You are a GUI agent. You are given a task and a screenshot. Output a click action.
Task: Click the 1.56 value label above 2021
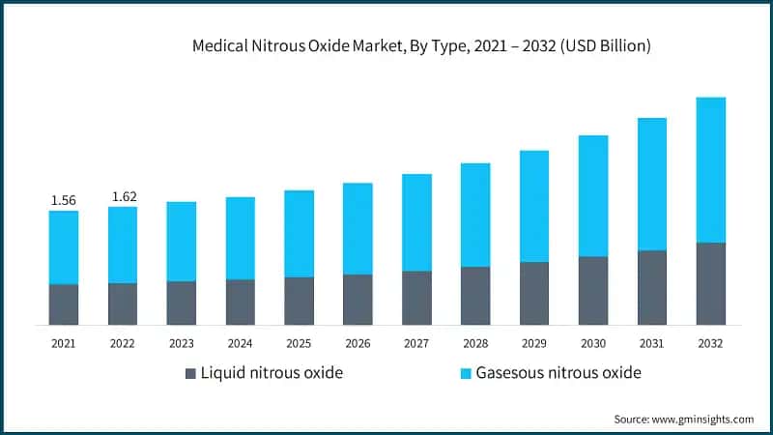63,200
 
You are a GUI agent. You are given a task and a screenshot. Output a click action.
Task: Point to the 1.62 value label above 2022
123,196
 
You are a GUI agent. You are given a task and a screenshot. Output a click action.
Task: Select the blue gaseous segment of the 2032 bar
711,169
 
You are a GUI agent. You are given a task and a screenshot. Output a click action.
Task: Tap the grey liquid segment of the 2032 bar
711,283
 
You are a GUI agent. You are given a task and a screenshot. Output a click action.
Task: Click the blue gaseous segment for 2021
64,247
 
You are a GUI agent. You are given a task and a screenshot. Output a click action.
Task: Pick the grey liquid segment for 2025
299,301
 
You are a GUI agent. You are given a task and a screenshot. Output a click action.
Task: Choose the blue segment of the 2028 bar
475,215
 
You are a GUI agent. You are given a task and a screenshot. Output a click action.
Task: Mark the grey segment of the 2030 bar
593,290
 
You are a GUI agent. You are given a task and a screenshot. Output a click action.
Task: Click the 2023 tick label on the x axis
182,342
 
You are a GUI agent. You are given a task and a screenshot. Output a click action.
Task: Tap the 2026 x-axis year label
358,342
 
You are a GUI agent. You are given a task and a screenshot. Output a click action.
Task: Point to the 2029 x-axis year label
534,342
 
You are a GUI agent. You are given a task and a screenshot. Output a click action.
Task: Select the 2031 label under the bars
652,342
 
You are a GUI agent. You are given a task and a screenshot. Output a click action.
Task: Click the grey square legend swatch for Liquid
190,373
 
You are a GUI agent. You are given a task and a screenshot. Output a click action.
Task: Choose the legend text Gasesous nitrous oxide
558,373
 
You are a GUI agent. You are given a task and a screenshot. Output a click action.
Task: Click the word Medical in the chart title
221,44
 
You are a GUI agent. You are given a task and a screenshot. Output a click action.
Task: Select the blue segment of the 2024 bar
240,238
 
